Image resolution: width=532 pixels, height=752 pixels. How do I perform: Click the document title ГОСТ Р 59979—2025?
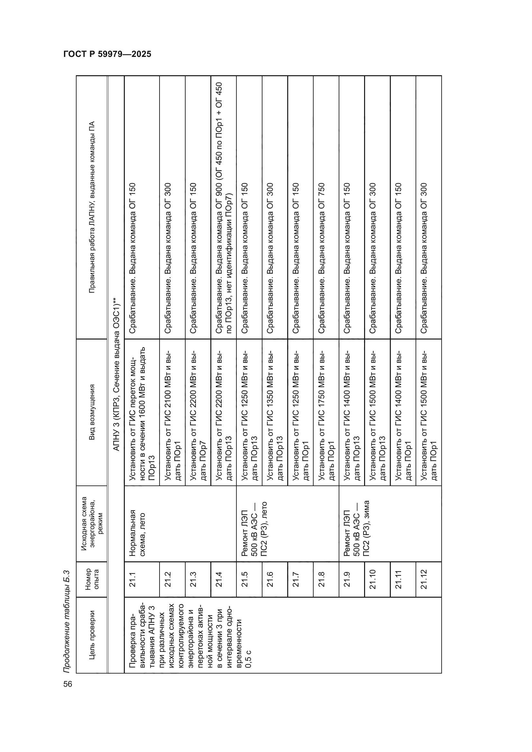coord(107,54)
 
